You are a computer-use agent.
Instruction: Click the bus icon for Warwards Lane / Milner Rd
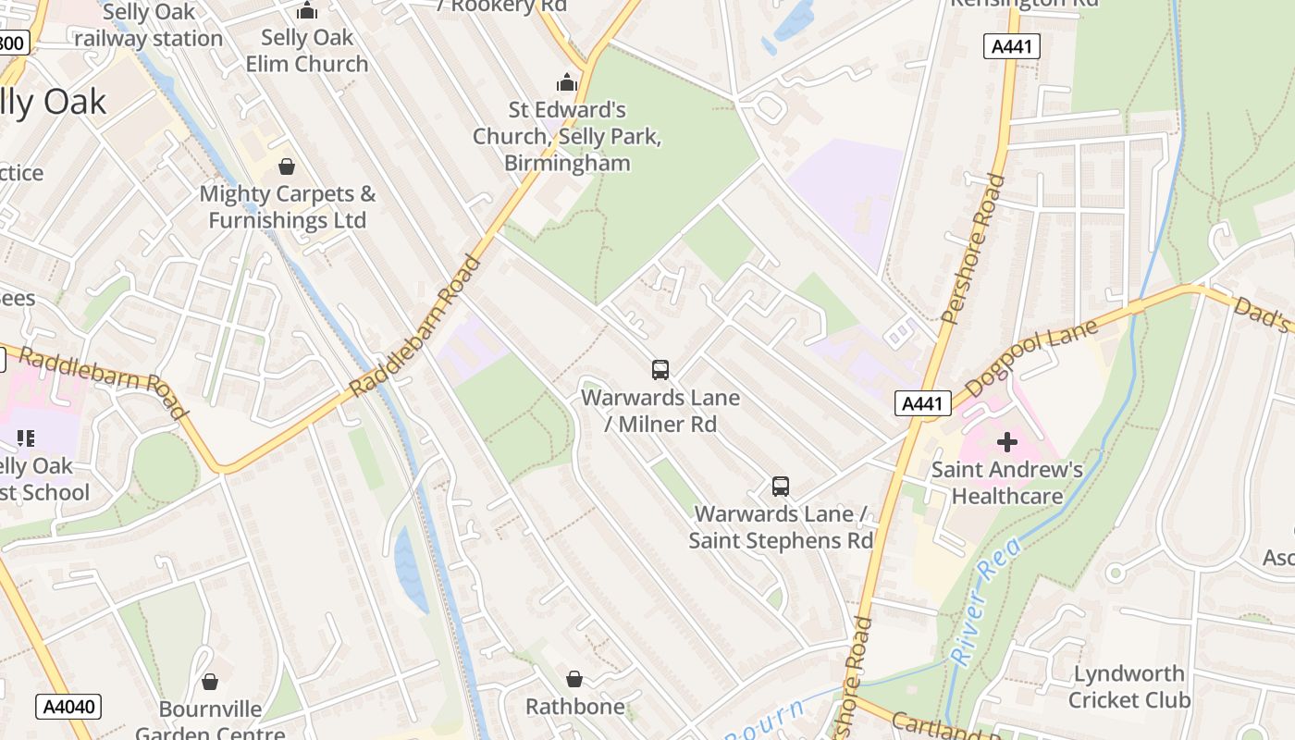tap(660, 370)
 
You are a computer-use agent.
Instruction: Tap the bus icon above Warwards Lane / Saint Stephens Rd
tap(781, 486)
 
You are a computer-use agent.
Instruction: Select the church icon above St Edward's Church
tap(567, 83)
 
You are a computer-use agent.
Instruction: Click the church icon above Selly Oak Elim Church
tap(307, 11)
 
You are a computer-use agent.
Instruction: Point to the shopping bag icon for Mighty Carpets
tap(287, 166)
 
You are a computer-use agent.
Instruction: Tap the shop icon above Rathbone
tap(574, 679)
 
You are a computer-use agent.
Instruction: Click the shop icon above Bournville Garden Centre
tap(210, 682)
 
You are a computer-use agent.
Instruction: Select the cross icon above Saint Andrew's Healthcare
tap(1007, 442)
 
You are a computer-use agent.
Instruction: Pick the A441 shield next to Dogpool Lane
tap(923, 402)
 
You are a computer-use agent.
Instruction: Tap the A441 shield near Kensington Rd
tap(1012, 46)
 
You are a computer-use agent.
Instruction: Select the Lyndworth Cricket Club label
tap(1129, 686)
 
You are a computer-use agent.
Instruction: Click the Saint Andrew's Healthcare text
tap(1007, 483)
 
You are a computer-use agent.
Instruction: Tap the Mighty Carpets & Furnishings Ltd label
tap(288, 207)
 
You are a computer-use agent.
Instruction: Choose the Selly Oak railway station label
tap(149, 26)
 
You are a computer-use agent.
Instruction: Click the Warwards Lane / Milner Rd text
tap(660, 411)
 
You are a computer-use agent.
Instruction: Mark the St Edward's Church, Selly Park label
tap(567, 136)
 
